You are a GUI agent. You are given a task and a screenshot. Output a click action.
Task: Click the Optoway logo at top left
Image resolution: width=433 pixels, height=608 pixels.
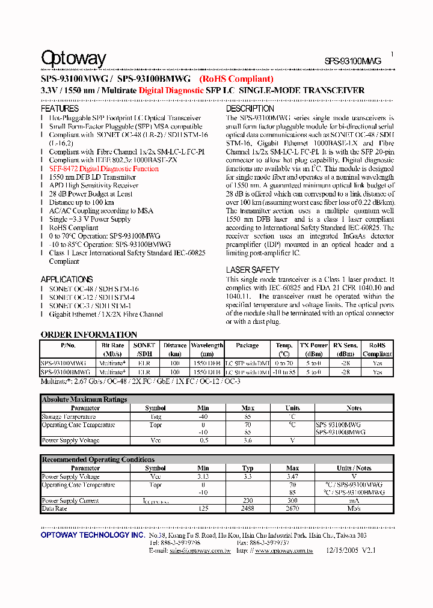(73, 58)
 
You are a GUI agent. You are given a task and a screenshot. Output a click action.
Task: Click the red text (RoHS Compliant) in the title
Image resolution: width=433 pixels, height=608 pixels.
(237, 79)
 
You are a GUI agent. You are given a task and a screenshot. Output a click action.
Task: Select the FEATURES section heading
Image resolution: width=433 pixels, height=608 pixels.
(60, 109)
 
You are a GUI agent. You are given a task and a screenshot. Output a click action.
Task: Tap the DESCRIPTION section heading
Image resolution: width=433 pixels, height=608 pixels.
(250, 109)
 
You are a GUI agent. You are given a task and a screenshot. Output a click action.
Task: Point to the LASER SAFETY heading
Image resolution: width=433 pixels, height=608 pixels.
(253, 270)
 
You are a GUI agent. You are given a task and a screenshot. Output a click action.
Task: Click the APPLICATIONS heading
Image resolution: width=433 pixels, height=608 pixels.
(67, 279)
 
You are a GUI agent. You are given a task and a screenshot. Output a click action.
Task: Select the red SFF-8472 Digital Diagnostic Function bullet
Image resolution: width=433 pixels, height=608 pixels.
(103, 169)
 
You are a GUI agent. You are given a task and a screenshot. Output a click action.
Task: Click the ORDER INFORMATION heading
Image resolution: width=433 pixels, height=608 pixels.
(88, 335)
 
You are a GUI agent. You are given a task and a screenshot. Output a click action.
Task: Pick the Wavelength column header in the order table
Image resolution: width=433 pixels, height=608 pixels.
(207, 345)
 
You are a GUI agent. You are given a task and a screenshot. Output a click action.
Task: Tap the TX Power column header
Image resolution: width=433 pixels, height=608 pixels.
(313, 345)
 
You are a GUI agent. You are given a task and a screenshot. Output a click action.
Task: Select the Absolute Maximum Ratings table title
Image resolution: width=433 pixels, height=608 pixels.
(84, 400)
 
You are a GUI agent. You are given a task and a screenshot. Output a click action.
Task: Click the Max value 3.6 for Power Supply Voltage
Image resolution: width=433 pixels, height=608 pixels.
(247, 441)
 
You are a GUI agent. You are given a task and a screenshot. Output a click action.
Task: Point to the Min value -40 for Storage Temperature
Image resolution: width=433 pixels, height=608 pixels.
(203, 416)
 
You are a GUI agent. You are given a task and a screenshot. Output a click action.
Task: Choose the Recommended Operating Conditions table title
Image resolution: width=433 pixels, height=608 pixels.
(98, 460)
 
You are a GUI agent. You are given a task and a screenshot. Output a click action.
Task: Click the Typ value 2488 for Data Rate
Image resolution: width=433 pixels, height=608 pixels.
(247, 509)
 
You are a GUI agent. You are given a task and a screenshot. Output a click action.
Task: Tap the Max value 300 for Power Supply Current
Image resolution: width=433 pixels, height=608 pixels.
(292, 500)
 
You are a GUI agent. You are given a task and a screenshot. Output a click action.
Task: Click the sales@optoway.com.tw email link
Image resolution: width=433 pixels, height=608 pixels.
(200, 550)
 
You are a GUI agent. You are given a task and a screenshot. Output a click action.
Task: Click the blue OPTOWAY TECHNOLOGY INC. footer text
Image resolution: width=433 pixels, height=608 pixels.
(92, 535)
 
